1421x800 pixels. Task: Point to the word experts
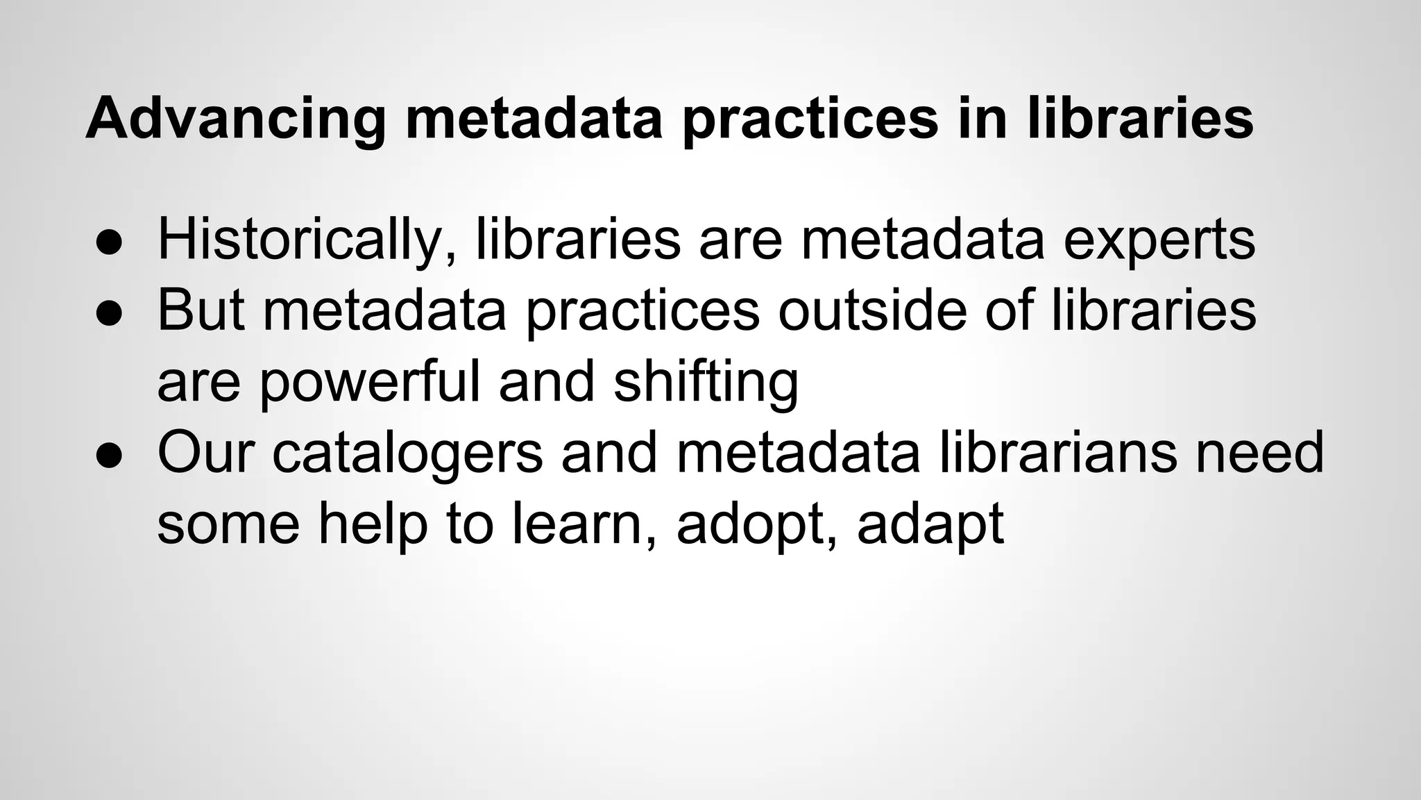coord(1159,240)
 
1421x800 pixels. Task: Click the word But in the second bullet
coord(201,310)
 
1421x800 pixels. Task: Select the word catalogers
coord(407,452)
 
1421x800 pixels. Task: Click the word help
coord(373,524)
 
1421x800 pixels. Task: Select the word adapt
coord(930,524)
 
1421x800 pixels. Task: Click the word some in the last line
coord(228,524)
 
